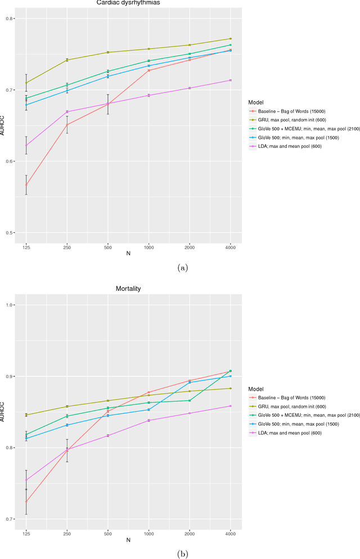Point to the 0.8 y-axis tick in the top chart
pos(15,19)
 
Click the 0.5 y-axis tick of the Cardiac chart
pos(15,233)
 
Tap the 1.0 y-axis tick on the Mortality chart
pos(15,305)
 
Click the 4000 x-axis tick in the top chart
pos(230,247)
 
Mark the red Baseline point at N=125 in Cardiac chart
pos(26,185)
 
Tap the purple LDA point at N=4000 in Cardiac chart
pos(230,80)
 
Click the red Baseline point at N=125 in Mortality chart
pos(26,502)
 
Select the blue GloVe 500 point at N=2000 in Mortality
pos(190,382)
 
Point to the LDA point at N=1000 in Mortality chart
pos(148,421)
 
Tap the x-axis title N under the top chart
pos(128,254)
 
